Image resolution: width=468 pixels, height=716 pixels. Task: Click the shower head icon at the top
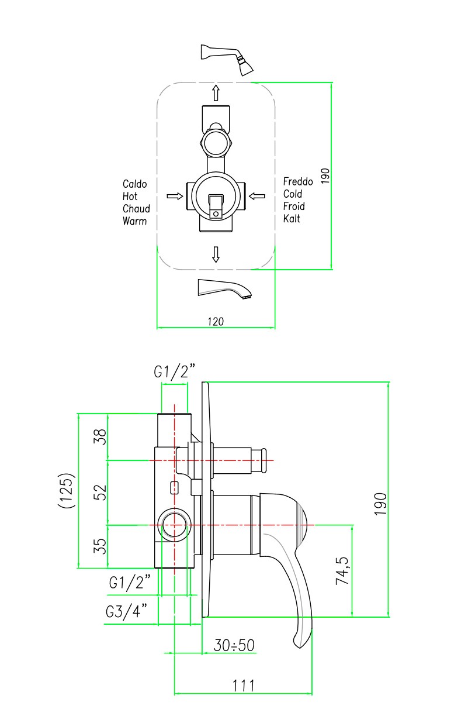tap(228, 59)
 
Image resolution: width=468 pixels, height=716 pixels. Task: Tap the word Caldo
tap(134, 184)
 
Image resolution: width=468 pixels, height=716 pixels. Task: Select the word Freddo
tap(298, 181)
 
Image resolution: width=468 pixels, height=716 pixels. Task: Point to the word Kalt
tap(292, 219)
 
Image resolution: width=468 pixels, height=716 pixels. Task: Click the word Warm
tap(134, 221)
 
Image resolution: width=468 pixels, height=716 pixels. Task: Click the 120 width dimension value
tap(216, 321)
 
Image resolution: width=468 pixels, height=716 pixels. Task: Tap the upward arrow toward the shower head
tap(216, 92)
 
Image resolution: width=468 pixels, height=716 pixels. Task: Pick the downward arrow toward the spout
tap(216, 253)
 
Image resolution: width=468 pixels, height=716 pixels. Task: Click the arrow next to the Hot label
tap(174, 196)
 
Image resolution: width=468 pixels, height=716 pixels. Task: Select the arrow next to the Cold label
tap(257, 196)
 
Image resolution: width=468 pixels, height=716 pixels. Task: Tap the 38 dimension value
tap(100, 436)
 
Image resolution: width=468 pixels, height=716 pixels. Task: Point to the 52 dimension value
tap(100, 492)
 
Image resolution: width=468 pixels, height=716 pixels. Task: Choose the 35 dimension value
tap(100, 546)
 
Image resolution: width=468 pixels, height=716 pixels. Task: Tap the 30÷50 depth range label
tap(234, 645)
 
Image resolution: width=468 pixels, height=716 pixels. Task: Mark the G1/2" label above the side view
tap(174, 371)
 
